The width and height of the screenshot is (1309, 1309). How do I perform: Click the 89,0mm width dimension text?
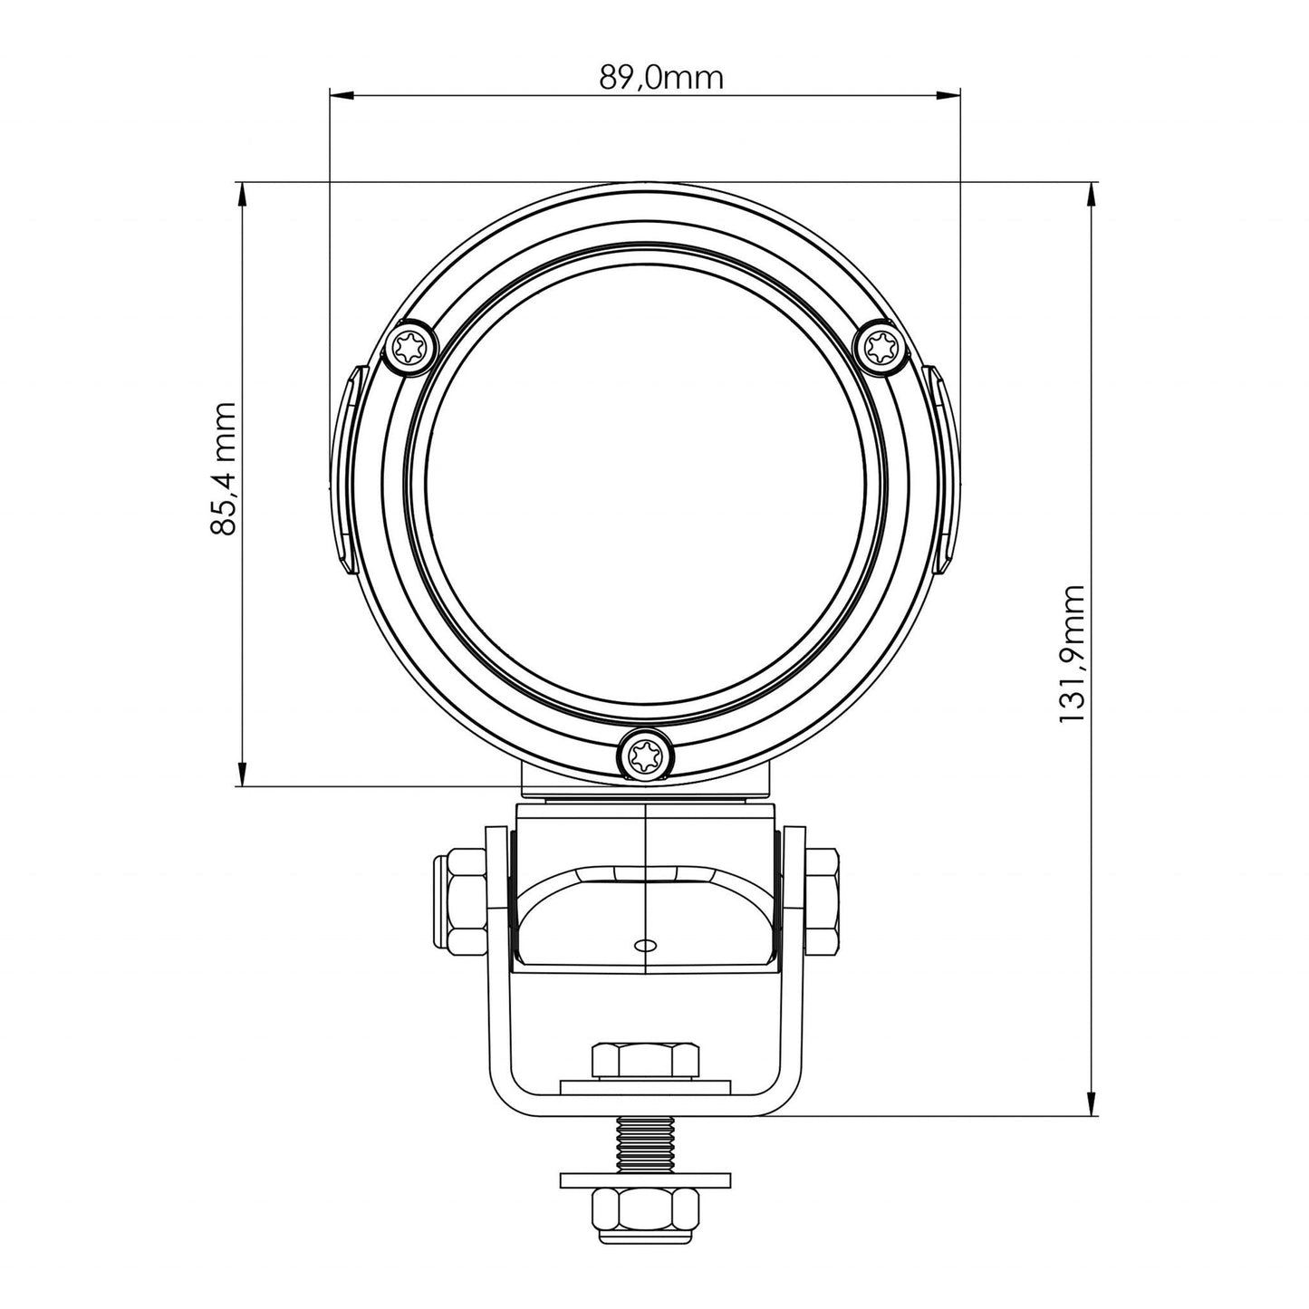click(661, 78)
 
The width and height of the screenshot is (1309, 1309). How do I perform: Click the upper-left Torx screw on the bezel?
click(409, 346)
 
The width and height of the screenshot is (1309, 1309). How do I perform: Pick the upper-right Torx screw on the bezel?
click(881, 346)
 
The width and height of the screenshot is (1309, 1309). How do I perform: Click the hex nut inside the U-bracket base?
click(644, 1059)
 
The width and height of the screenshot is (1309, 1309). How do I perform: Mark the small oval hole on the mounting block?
click(645, 945)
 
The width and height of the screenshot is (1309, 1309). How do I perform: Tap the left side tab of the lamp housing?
click(346, 469)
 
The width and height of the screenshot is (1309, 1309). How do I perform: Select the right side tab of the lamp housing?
click(943, 469)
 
